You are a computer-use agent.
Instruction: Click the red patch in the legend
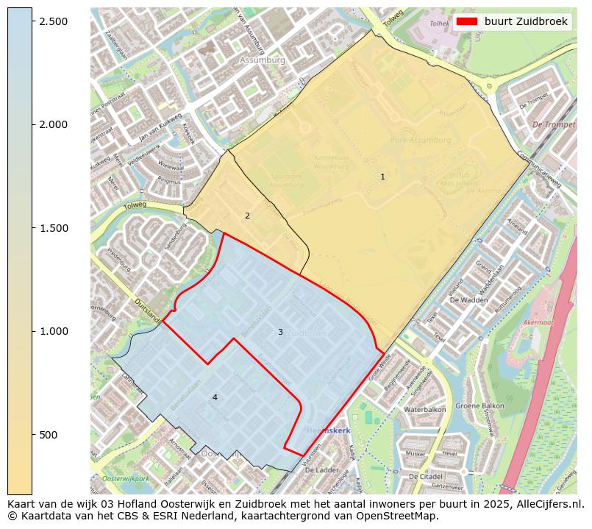[467, 21]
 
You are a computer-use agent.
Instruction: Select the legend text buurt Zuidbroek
[525, 21]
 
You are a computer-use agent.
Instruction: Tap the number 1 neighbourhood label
[382, 177]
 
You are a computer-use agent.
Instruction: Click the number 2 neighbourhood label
[247, 216]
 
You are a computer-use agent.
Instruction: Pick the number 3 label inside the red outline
[280, 332]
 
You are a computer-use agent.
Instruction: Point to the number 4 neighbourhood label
[215, 397]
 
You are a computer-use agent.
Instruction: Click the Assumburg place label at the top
[262, 60]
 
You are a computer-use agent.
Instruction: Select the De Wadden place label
[468, 300]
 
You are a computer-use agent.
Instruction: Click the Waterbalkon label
[425, 409]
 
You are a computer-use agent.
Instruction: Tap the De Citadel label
[427, 477]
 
